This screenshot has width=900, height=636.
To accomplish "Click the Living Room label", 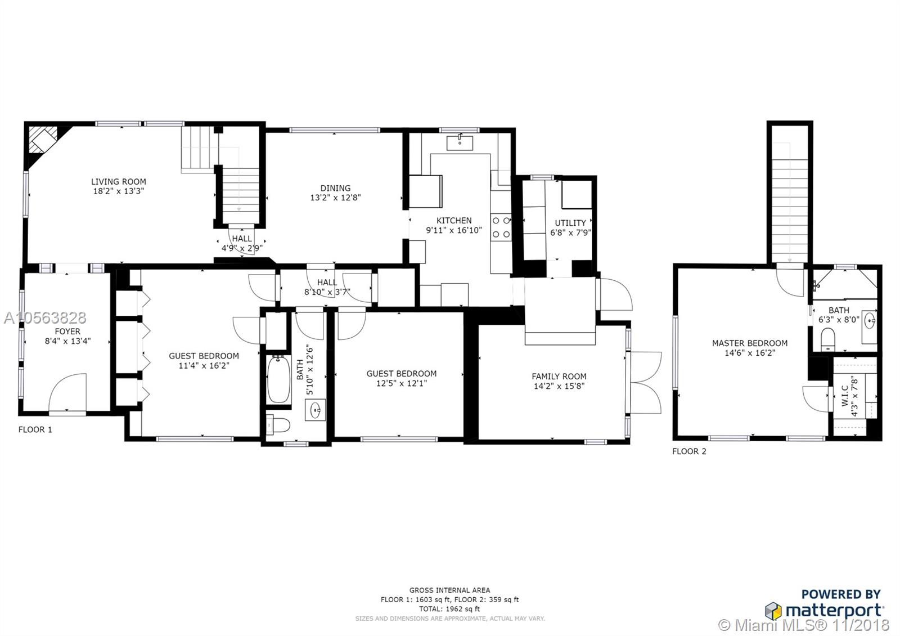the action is coord(119,182).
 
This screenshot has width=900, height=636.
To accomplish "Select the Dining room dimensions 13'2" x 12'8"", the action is coord(335,198).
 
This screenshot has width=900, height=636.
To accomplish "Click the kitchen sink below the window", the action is coord(460,143).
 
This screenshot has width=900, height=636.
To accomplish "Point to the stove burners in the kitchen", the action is coord(501,227).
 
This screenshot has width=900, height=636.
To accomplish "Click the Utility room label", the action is coord(570,223).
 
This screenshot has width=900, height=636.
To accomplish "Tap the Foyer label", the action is coord(67,332).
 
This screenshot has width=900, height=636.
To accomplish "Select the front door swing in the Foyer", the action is coord(67,392).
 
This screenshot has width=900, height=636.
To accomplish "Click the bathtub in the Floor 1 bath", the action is coord(279,379).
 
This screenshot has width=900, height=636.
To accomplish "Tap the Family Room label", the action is coord(559,377).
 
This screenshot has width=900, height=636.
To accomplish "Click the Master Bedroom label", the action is coord(750,343).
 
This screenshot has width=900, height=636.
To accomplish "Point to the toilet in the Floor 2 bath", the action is coord(827,338).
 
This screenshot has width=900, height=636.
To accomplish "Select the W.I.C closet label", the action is coord(845,396).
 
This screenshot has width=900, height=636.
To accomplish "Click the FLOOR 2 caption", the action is coord(689,451).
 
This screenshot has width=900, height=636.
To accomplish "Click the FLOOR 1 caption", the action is coord(35,429).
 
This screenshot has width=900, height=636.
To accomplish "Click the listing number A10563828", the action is coord(45,317).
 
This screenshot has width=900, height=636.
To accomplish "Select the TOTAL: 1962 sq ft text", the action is coord(449,608).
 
